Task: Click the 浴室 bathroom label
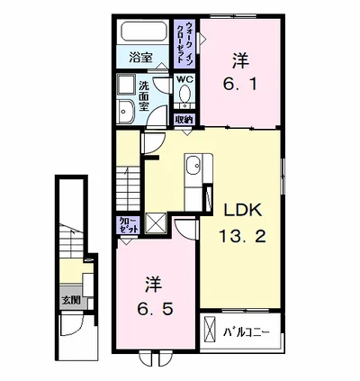[140, 58]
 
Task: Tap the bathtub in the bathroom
[144, 31]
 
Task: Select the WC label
[185, 79]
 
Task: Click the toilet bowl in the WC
[184, 94]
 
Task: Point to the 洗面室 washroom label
[144, 96]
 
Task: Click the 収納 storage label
[184, 120]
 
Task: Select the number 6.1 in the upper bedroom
[239, 85]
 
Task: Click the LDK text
[243, 211]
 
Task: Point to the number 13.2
[243, 236]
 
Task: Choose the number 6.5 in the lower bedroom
[155, 309]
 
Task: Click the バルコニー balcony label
[247, 332]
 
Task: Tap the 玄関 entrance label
[71, 300]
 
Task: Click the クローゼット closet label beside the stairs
[129, 225]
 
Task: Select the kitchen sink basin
[193, 166]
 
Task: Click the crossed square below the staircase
[156, 222]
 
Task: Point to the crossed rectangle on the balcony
[210, 329]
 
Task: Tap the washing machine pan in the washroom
[126, 85]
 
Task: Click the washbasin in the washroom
[126, 112]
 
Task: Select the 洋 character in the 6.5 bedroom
[154, 284]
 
